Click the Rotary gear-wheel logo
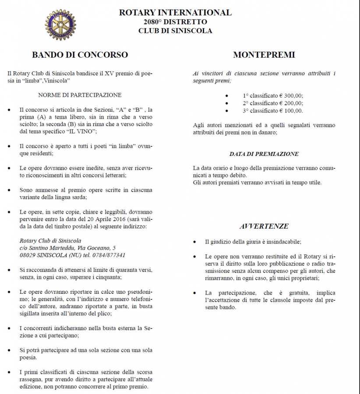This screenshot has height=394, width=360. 60,25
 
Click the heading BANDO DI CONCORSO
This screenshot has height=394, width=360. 80,55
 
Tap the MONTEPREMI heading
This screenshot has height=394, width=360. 264,55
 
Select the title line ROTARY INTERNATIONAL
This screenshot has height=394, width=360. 175,13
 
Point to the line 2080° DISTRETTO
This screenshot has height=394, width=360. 175,22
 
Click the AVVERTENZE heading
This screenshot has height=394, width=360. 264,226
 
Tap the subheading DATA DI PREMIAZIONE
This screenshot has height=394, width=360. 264,154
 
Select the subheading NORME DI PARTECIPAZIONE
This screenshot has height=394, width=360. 80,95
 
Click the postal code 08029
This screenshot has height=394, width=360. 28,255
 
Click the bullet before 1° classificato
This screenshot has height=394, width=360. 226,95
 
